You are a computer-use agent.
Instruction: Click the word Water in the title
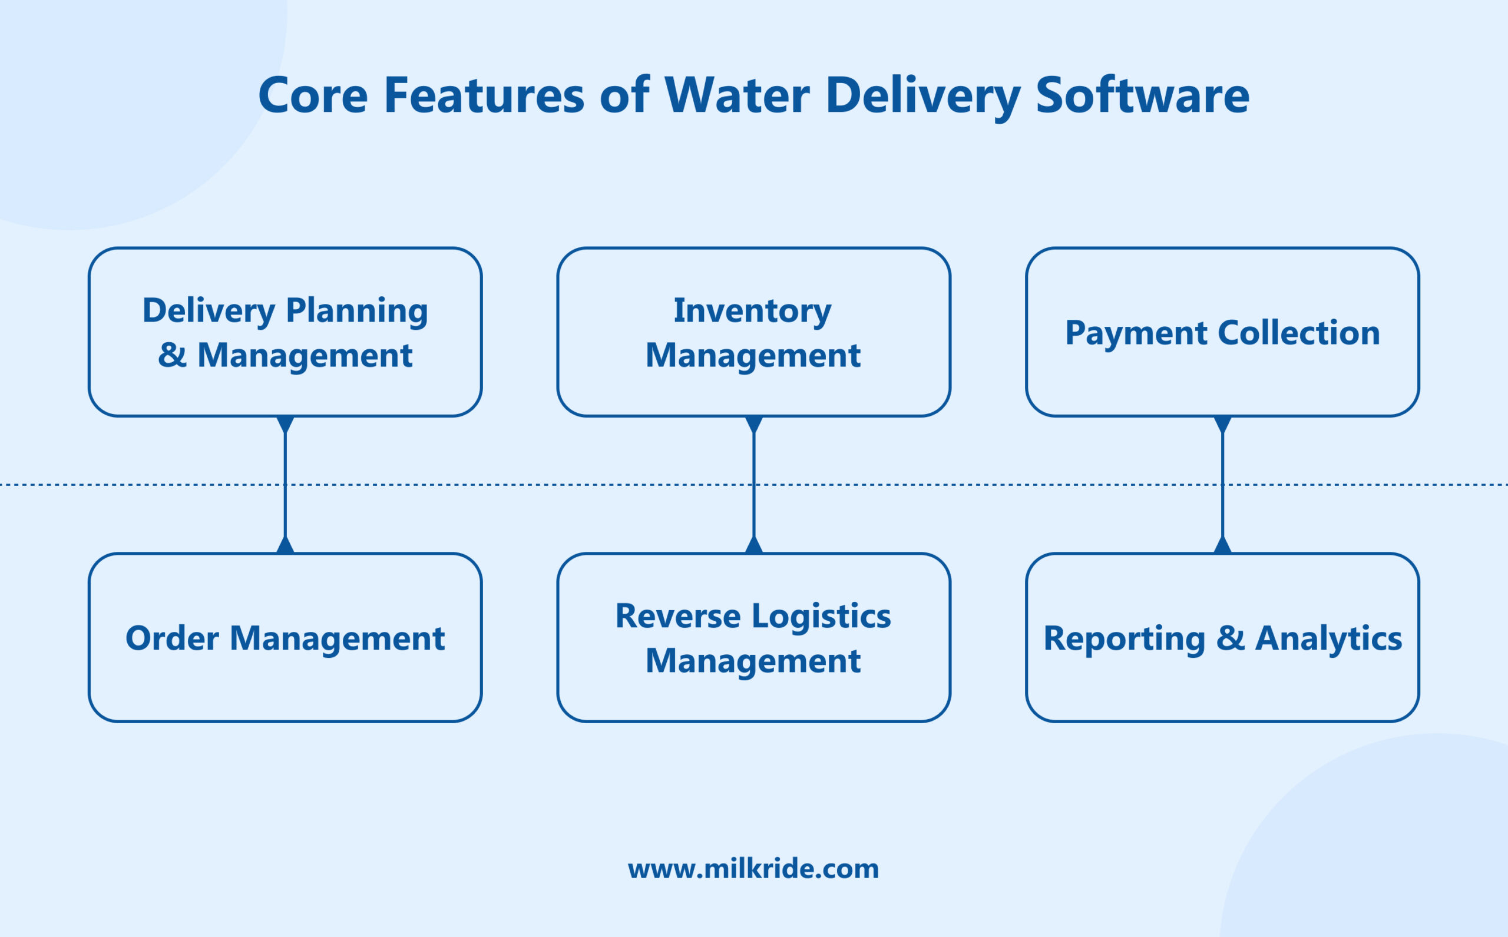tap(736, 96)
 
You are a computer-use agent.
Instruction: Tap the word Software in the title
tap(1142, 96)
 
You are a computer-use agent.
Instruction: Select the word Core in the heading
tap(313, 96)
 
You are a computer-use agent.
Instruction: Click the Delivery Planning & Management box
tap(285, 332)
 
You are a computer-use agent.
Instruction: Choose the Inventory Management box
tap(753, 332)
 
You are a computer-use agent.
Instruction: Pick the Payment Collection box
tap(1222, 332)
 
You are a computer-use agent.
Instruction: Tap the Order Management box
tap(285, 638)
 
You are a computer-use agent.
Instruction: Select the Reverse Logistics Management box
tap(753, 638)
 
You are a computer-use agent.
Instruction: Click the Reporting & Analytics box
tap(1222, 638)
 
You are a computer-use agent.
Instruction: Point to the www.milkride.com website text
tap(753, 868)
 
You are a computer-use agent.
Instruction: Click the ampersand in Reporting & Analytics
tap(1231, 638)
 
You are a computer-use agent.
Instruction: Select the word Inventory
tap(752, 310)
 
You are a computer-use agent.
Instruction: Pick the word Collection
tap(1298, 333)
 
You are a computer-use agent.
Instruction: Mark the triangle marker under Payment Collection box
tap(1222, 424)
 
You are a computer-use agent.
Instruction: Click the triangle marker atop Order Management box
tap(285, 546)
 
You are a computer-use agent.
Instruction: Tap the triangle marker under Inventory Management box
tap(753, 424)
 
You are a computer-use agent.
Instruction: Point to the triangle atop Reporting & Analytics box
tap(1222, 546)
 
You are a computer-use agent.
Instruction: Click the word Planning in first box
tap(356, 310)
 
